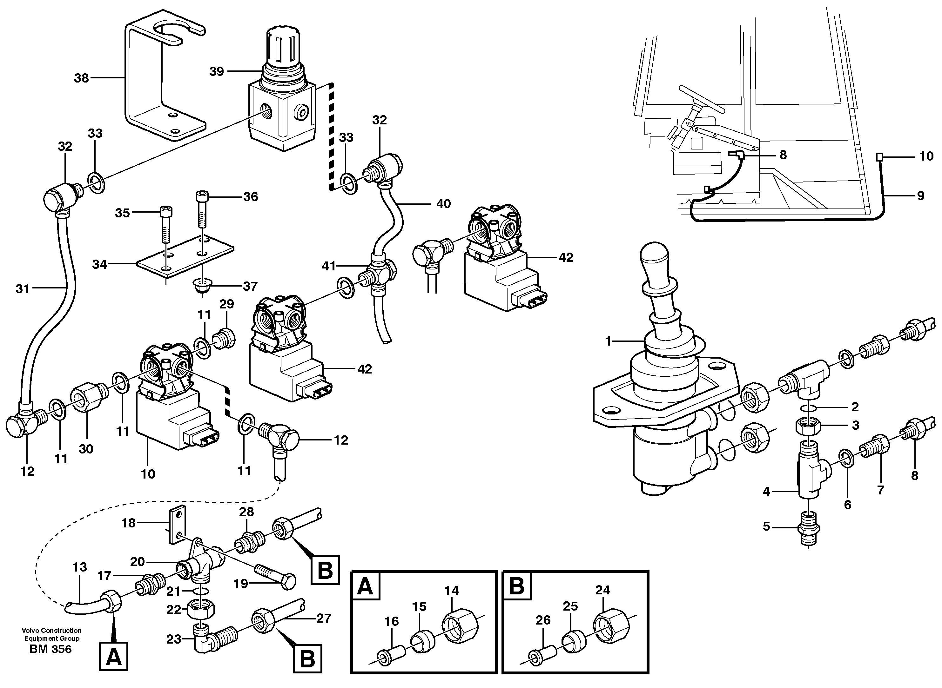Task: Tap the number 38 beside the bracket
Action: coord(81,78)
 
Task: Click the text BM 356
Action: coord(50,649)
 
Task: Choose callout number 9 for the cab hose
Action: coord(921,196)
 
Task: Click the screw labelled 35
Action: coord(165,225)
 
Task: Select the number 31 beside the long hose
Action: coord(23,288)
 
